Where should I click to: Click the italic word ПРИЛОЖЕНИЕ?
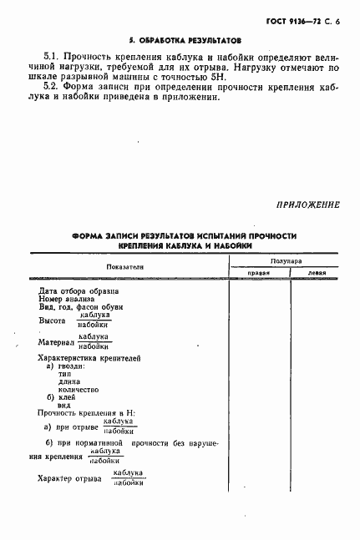pyautogui.click(x=307, y=204)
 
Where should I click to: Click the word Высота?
pyautogui.click(x=53, y=320)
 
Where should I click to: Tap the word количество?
pyautogui.click(x=79, y=390)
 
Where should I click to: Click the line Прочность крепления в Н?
pyautogui.click(x=86, y=413)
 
